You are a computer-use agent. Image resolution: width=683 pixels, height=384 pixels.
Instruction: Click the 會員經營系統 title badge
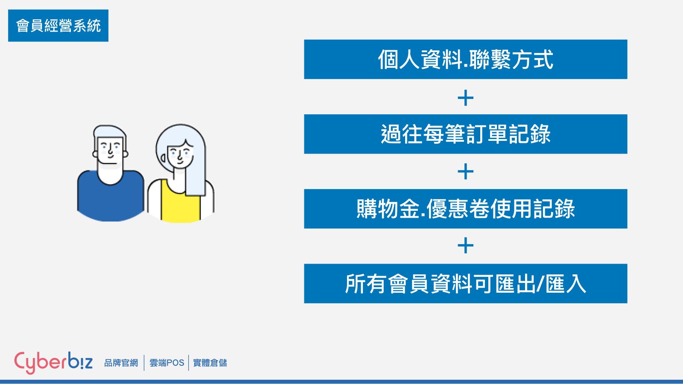(58, 26)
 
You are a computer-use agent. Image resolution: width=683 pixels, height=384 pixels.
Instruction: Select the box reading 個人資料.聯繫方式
(466, 59)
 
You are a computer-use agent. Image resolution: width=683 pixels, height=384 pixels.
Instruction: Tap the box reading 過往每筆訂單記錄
(466, 134)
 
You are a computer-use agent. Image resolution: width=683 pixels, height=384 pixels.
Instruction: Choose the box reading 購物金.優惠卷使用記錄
(466, 209)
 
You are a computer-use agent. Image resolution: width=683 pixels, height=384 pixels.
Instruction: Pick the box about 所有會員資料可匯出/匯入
(466, 283)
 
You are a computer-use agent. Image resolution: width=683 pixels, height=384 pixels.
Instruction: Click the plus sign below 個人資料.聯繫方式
(466, 98)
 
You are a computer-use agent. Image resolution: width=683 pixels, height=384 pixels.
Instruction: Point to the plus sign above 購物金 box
(466, 172)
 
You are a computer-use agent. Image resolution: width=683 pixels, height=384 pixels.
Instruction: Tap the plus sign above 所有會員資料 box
(466, 246)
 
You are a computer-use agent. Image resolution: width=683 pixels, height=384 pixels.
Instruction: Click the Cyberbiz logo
(53, 363)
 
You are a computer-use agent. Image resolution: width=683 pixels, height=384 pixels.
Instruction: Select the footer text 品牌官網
(121, 363)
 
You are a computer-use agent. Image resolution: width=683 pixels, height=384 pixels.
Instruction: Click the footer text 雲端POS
(167, 363)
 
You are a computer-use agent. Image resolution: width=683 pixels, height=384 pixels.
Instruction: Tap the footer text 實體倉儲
(210, 363)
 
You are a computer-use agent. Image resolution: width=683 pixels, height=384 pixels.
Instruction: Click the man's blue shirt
(111, 201)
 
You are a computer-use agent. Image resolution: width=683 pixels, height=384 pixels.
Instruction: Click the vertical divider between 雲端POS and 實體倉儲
(189, 363)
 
